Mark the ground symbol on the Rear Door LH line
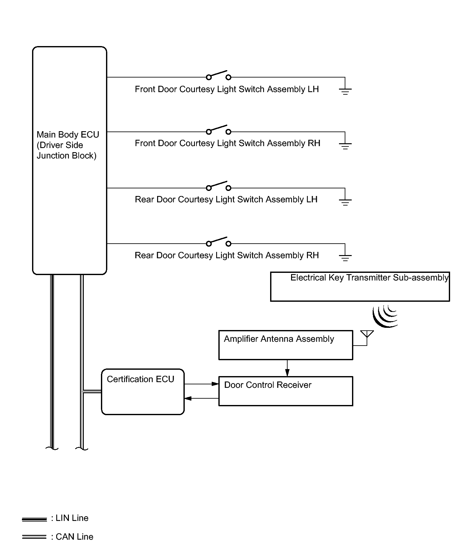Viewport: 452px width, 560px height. point(345,202)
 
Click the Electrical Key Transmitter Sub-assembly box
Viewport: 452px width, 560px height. point(360,286)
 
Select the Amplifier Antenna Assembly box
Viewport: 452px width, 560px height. point(286,345)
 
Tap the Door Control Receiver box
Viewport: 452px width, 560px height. point(286,391)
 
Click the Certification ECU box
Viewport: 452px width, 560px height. point(143,392)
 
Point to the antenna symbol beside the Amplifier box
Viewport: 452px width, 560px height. point(367,335)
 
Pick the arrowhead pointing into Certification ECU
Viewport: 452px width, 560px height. point(188,398)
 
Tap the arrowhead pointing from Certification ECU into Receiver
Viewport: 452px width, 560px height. point(215,384)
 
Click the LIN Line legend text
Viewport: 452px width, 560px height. point(72,518)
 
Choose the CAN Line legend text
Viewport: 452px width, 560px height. point(74,537)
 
